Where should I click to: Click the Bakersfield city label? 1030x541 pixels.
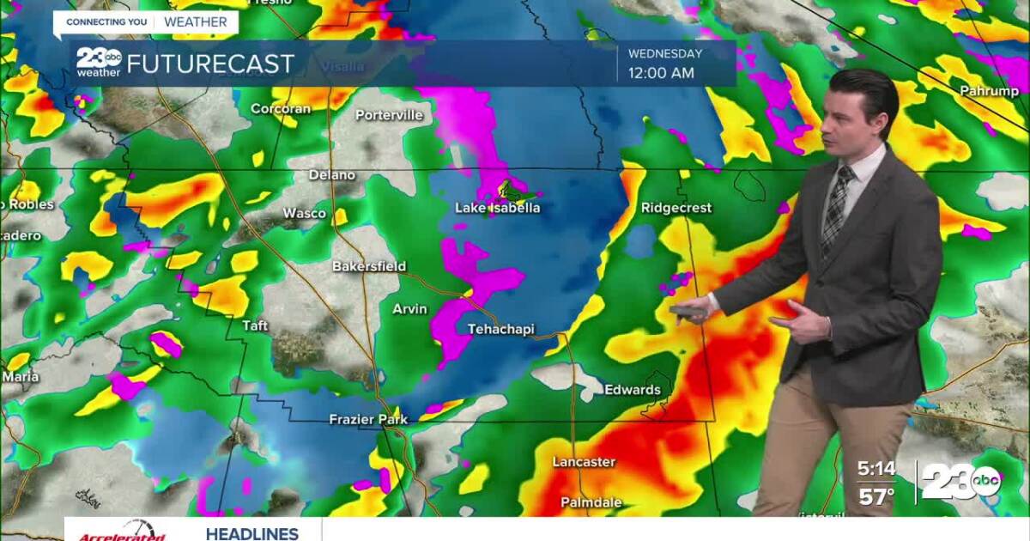coord(369,266)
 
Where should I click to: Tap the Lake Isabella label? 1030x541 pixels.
coord(498,208)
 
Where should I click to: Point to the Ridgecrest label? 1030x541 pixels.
coord(676,208)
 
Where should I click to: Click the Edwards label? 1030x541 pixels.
coord(633,390)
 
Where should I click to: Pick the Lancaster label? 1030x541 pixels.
coord(584,462)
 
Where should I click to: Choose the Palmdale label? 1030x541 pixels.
coord(591,501)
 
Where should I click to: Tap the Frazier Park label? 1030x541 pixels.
coord(368,419)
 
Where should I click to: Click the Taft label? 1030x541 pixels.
coord(256,325)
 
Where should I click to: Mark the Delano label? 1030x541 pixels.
coord(332,175)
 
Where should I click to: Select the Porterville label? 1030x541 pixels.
coord(390,114)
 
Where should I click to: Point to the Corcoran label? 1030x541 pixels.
coord(280,109)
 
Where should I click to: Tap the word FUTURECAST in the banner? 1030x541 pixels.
coord(210,64)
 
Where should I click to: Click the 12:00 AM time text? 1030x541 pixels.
coord(661,73)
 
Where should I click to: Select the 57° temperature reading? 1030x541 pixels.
coord(877,496)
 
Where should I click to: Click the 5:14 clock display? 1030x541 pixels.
coord(876,469)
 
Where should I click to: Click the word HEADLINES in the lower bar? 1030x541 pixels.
coord(251,533)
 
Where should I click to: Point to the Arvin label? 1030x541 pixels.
coord(409,309)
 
